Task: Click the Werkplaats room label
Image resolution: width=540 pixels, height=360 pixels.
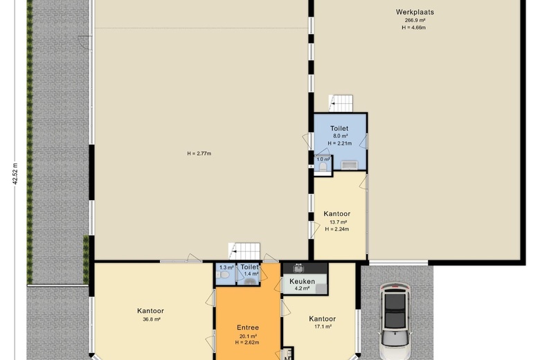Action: pyautogui.click(x=415, y=12)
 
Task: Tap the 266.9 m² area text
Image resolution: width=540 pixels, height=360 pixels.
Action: pyautogui.click(x=415, y=20)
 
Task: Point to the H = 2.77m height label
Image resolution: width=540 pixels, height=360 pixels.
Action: pyautogui.click(x=199, y=154)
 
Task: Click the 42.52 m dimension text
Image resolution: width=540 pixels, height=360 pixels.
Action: pyautogui.click(x=15, y=174)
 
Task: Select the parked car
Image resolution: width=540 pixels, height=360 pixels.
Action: pyautogui.click(x=395, y=321)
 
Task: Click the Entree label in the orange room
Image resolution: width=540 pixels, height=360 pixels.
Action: pyautogui.click(x=248, y=327)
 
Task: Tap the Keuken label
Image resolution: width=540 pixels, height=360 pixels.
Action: pyautogui.click(x=302, y=282)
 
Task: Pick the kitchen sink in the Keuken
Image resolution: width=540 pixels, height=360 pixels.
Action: pyautogui.click(x=298, y=268)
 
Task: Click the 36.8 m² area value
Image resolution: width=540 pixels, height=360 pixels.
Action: pyautogui.click(x=152, y=319)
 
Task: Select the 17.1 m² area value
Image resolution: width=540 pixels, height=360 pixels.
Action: pyautogui.click(x=323, y=327)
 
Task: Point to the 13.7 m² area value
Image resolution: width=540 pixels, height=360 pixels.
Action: pyautogui.click(x=338, y=222)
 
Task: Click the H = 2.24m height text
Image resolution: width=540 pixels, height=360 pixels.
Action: pyautogui.click(x=337, y=229)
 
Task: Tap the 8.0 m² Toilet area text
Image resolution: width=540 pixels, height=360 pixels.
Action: pyautogui.click(x=340, y=136)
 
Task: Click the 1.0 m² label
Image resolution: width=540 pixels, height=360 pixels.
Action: pyautogui.click(x=323, y=159)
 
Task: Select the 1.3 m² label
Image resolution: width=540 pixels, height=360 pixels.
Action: pyautogui.click(x=226, y=267)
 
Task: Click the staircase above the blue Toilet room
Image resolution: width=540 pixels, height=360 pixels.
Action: pyautogui.click(x=341, y=103)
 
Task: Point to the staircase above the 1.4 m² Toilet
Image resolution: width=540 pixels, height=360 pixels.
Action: pyautogui.click(x=244, y=251)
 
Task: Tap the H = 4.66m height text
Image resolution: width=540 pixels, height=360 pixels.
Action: pyautogui.click(x=413, y=28)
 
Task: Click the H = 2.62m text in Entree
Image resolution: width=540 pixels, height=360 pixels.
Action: pyautogui.click(x=247, y=343)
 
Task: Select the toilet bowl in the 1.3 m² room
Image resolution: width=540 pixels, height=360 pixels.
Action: pyautogui.click(x=223, y=275)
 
